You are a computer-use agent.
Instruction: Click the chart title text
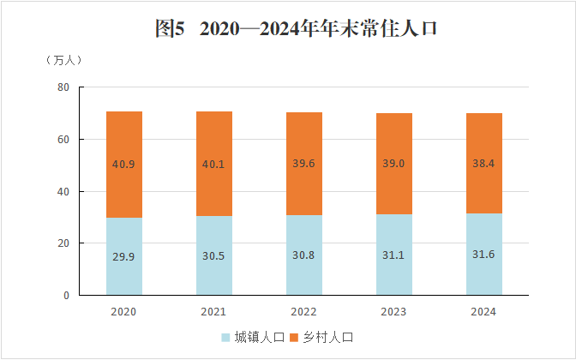296,29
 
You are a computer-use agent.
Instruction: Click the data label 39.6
304,165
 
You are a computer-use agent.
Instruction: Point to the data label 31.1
394,256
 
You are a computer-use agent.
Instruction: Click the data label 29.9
124,257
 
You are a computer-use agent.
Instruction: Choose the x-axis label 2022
304,311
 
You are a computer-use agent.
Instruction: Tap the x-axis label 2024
484,311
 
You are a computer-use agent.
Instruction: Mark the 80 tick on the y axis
63,87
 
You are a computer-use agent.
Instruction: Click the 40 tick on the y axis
63,191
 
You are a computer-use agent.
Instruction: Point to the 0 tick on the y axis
66,295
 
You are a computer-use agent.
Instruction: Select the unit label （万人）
63,60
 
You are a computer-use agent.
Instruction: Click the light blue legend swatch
227,338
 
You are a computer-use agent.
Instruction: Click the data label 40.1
214,165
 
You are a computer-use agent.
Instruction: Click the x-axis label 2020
124,311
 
